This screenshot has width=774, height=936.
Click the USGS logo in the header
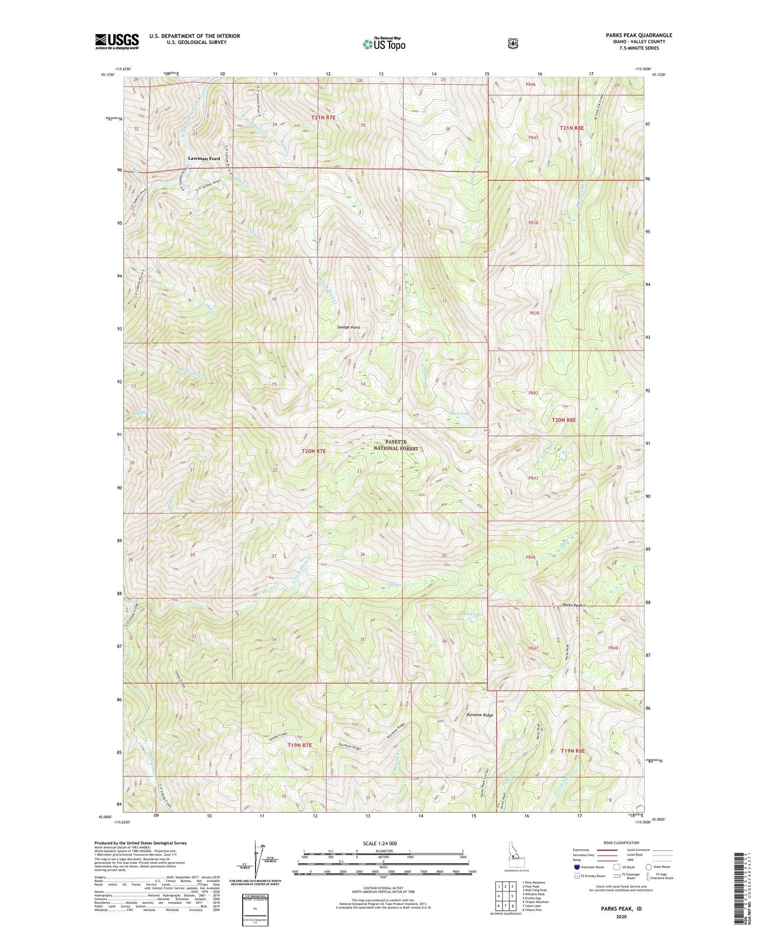(117, 41)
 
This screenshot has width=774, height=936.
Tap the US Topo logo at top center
(383, 44)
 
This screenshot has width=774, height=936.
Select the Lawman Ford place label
(204, 159)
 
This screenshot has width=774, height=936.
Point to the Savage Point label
(349, 327)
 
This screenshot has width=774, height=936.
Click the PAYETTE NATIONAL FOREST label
(396, 445)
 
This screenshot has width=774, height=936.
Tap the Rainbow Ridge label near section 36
(479, 715)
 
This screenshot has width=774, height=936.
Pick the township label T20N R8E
(563, 420)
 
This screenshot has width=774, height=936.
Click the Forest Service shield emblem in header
(513, 43)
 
